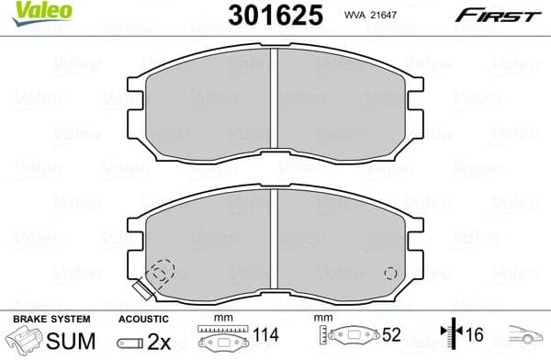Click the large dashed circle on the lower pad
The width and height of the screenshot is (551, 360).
coord(162,273)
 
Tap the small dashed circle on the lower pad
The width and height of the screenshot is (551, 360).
coord(389,273)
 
